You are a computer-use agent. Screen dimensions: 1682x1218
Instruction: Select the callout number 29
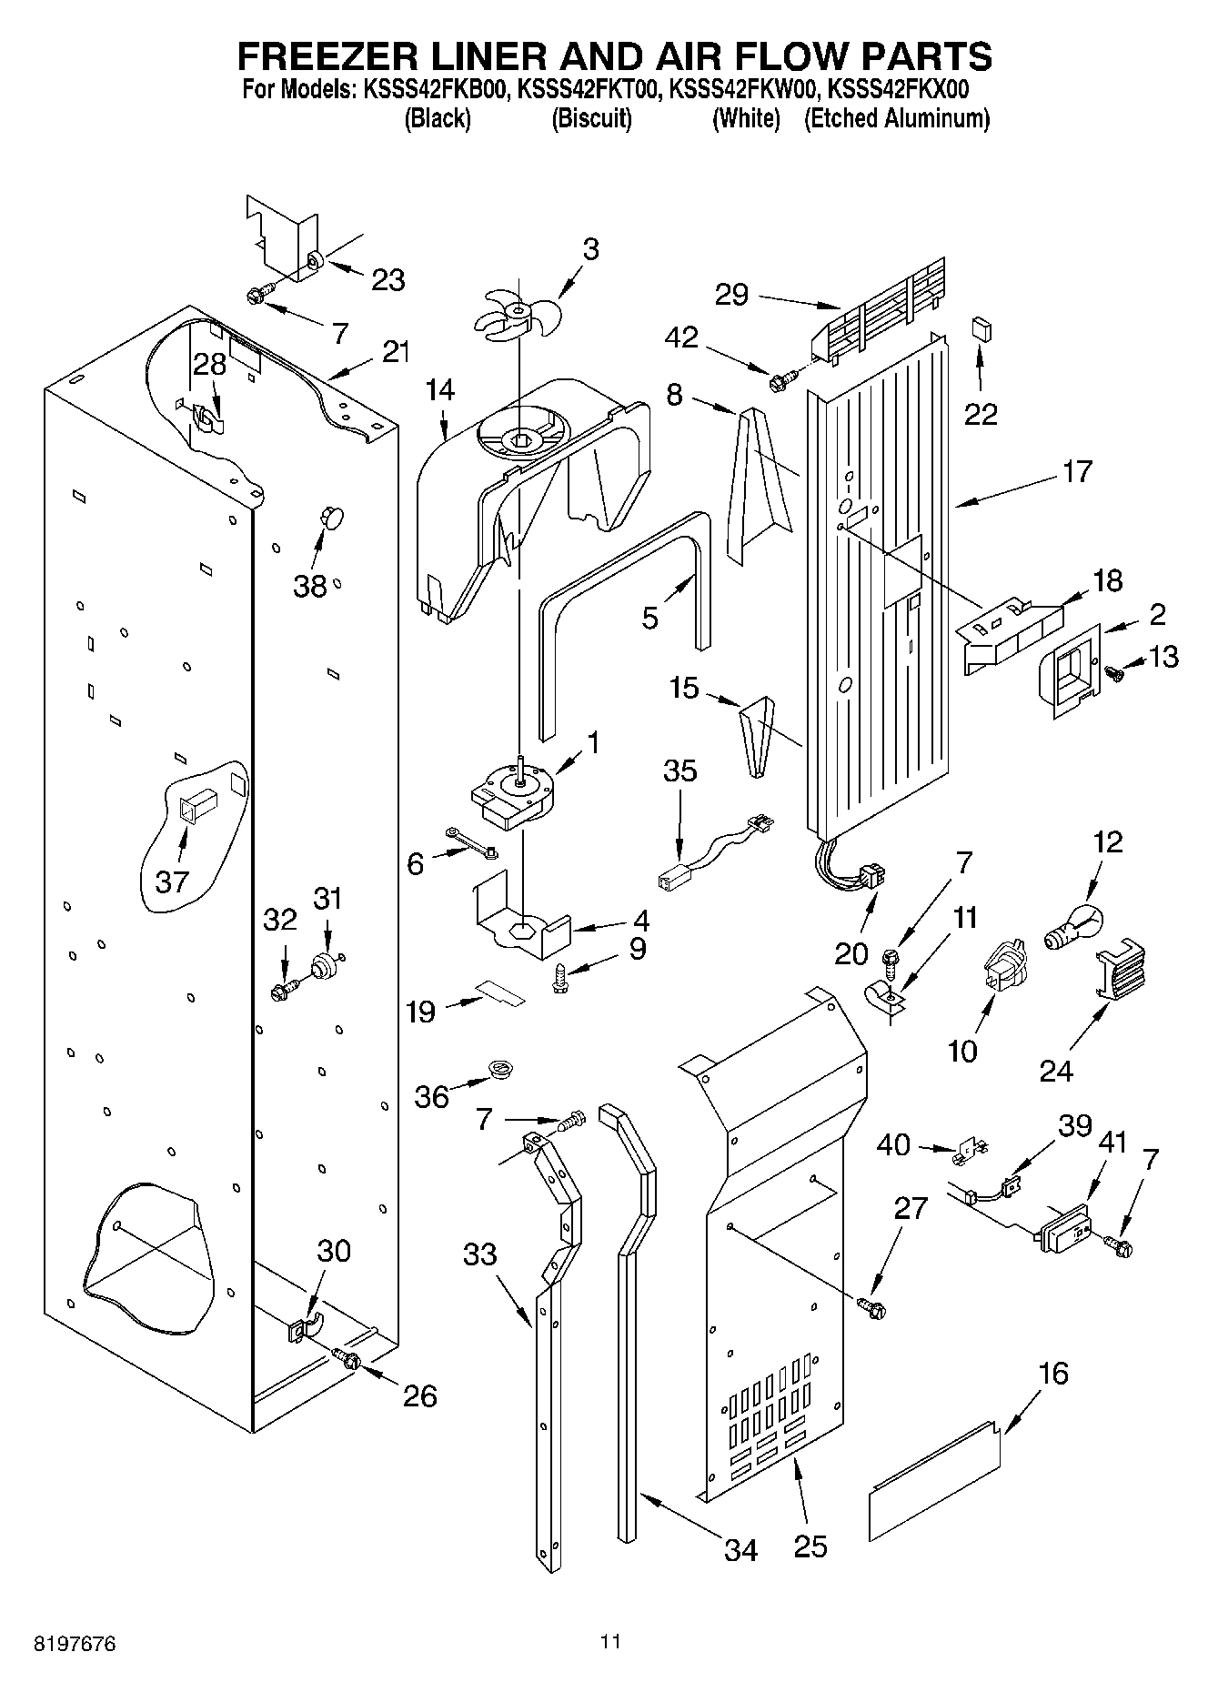731,294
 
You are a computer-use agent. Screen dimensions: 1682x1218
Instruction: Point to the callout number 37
171,881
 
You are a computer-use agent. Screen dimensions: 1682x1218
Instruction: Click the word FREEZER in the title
328,56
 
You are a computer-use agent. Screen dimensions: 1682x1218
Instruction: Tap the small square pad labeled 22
980,327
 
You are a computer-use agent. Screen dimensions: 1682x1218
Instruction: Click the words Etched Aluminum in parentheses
896,118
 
